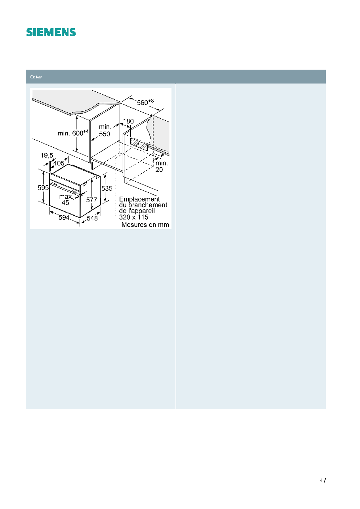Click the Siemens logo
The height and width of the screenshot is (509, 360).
click(51, 32)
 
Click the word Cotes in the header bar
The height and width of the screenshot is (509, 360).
click(36, 77)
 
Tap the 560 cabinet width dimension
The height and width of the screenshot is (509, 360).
click(145, 102)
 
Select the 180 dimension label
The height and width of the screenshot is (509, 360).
click(128, 121)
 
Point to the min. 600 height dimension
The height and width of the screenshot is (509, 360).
click(73, 133)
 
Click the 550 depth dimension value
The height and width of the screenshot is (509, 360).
click(105, 134)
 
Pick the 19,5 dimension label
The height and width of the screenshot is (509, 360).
click(47, 155)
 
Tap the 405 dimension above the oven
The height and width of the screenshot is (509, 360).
click(59, 163)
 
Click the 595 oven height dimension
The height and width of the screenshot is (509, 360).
click(43, 188)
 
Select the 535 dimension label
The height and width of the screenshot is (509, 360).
click(107, 188)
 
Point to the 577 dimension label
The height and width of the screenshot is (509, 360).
click(91, 200)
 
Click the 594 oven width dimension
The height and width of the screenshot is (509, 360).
click(64, 217)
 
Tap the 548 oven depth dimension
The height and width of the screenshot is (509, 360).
click(92, 218)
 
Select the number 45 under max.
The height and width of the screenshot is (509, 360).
click(65, 203)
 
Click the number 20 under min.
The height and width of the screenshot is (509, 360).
click(159, 169)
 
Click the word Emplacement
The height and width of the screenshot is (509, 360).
click(139, 199)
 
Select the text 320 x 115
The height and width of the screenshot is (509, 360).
click(134, 217)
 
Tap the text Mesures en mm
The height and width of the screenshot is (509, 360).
click(145, 224)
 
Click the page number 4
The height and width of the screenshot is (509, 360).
click(321, 480)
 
